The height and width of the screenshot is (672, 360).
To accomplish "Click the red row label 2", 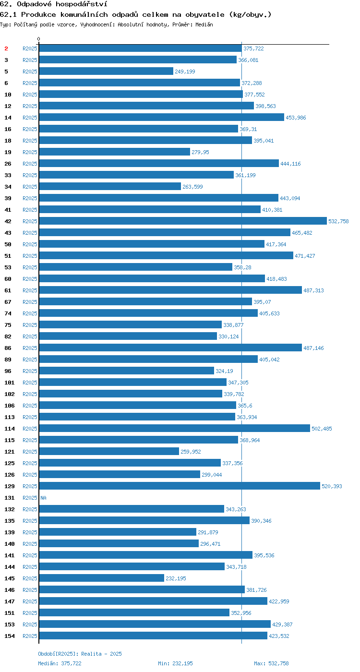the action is click(x=6, y=48).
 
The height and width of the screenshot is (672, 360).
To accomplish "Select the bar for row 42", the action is click(x=183, y=221).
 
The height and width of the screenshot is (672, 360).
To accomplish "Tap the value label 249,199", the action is click(x=185, y=72).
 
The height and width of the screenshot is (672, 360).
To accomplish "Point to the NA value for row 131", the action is click(x=44, y=498).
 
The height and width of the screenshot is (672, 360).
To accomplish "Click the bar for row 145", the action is click(x=101, y=578).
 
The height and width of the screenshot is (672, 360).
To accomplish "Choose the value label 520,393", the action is click(x=332, y=486).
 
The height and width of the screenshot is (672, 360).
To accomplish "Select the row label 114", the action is click(x=9, y=429).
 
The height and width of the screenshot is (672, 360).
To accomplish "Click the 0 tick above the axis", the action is click(x=39, y=39).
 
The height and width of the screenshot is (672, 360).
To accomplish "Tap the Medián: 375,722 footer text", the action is click(x=60, y=663).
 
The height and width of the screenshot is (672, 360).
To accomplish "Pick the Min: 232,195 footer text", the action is click(x=176, y=663).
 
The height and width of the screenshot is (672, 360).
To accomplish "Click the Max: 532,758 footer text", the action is click(x=271, y=663).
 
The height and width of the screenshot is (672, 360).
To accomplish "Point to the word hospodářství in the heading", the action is click(x=81, y=4).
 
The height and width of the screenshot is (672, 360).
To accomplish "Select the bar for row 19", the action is click(x=114, y=152).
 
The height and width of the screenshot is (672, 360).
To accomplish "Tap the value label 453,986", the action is click(x=296, y=118).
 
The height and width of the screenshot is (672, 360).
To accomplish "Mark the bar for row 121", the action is click(x=109, y=451).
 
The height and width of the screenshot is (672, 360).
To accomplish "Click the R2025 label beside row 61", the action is click(x=30, y=290).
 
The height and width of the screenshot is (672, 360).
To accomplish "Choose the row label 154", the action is click(x=9, y=636).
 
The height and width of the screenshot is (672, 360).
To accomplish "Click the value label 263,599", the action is click(x=192, y=187).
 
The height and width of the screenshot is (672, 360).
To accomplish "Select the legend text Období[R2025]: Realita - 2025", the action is click(x=80, y=654).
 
